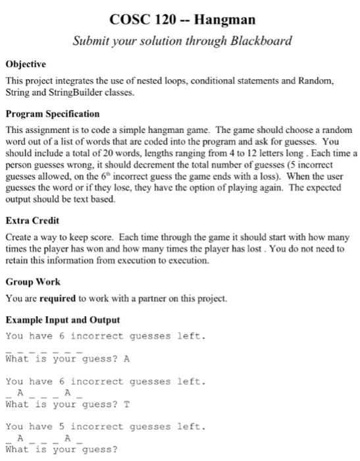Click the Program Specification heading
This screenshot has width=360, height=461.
(x=53, y=113)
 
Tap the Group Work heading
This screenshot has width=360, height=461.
(x=33, y=281)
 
